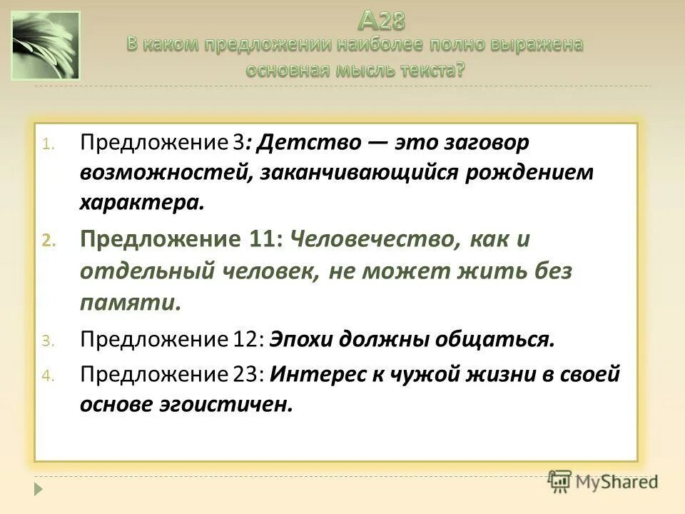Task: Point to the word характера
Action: pos(141,203)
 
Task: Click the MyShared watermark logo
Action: pos(603,482)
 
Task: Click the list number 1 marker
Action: pos(46,143)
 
